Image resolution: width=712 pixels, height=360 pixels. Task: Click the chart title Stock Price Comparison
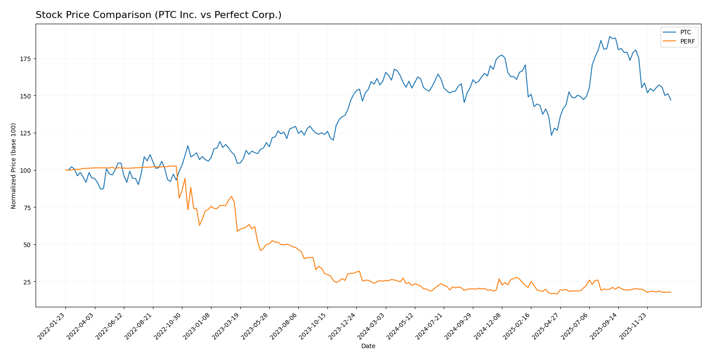click(158, 15)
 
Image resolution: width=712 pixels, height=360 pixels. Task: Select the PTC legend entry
click(685, 32)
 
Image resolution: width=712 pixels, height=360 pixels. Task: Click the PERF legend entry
click(687, 42)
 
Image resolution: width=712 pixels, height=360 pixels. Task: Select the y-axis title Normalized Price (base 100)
click(14, 166)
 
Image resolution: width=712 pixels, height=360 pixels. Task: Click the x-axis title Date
click(368, 346)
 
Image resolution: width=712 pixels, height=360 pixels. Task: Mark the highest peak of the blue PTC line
click(610, 36)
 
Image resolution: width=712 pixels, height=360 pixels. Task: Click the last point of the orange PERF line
click(671, 292)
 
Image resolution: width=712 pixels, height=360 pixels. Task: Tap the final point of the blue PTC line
click(671, 100)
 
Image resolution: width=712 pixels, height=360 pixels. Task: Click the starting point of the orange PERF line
click(65, 170)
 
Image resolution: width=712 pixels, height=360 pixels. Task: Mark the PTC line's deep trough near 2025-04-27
click(551, 135)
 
